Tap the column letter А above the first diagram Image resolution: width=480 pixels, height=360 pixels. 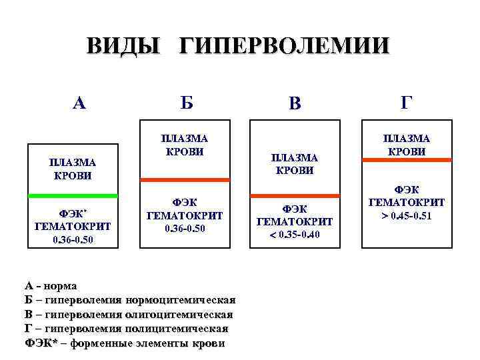(x=79, y=103)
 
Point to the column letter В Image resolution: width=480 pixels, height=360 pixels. (x=295, y=103)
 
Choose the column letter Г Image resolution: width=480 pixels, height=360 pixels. (x=406, y=102)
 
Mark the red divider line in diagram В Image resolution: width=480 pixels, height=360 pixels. (x=295, y=195)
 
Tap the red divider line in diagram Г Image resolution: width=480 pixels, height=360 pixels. (x=406, y=159)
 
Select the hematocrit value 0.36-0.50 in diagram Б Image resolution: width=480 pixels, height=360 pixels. (x=185, y=228)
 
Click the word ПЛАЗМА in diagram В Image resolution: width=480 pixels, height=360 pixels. (x=295, y=157)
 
